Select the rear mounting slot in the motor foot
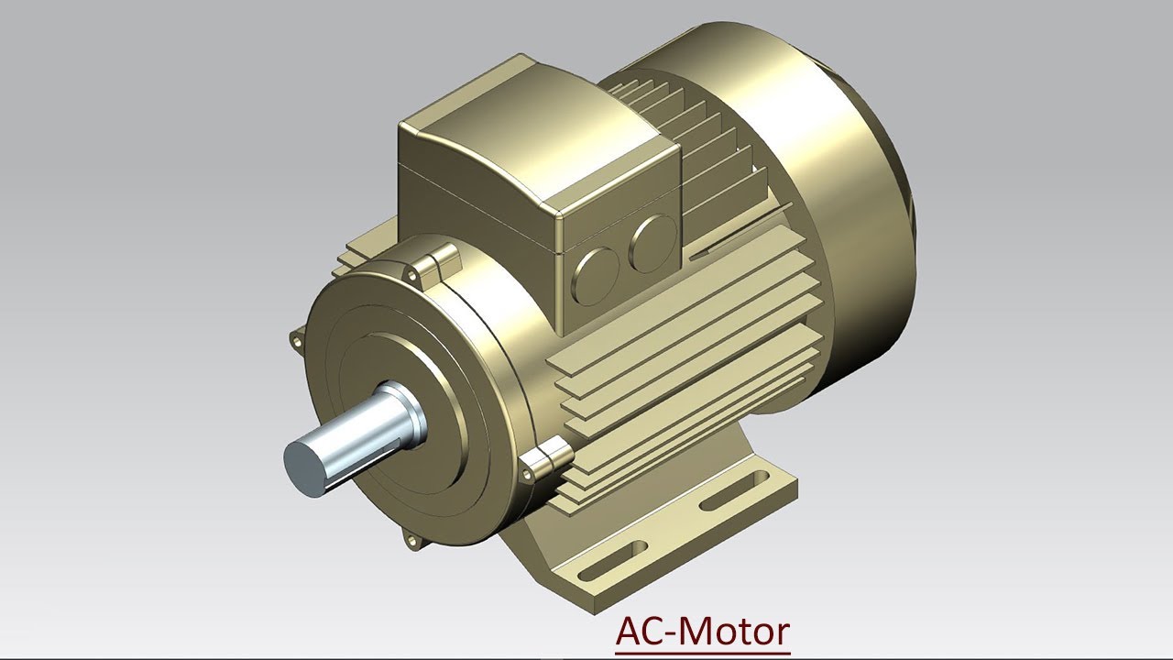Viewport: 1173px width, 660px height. (x=733, y=491)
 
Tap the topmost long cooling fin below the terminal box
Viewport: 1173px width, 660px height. (x=678, y=316)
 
